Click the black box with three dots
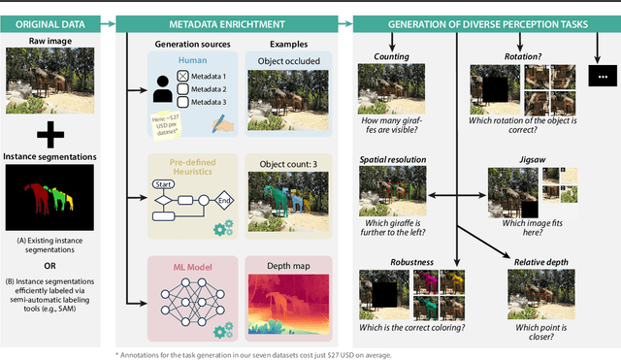pyautogui.click(x=602, y=76)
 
